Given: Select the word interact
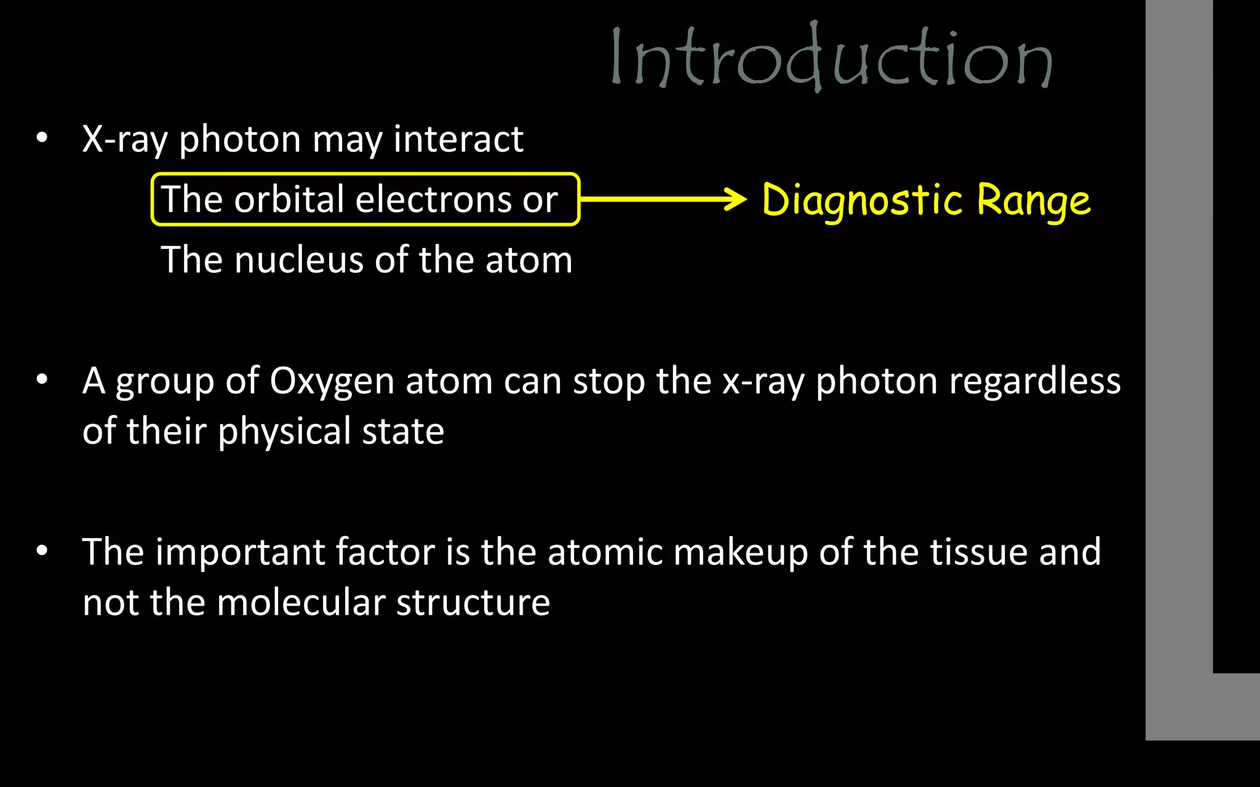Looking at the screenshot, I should tap(458, 139).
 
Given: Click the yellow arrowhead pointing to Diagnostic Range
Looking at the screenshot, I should tap(735, 199).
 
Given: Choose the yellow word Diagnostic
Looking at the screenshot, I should tap(861, 200).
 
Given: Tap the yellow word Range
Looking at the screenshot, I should tap(1034, 200).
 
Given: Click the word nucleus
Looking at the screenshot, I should tap(299, 259).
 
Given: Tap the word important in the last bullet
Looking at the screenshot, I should tap(240, 552).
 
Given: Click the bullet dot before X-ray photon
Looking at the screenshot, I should tap(42, 138).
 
